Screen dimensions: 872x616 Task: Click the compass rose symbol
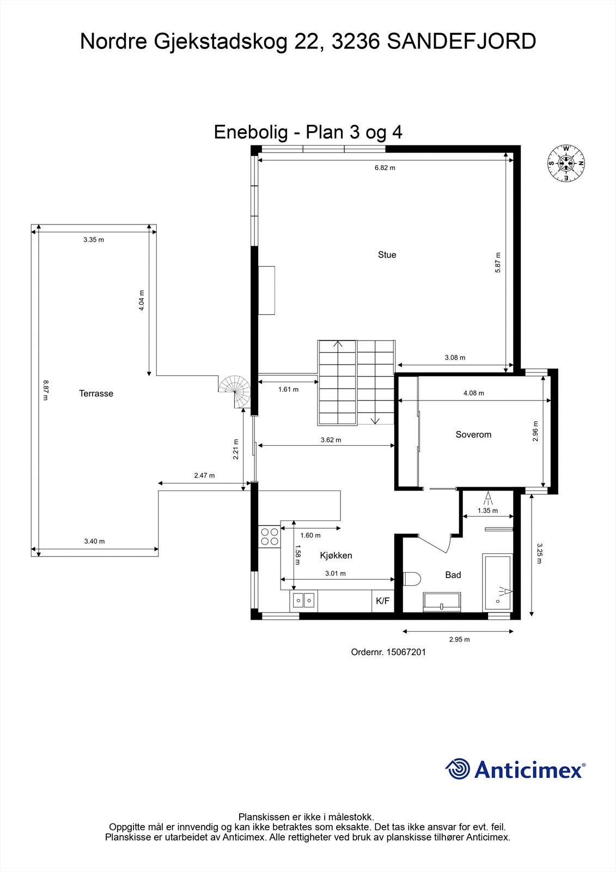click(x=566, y=163)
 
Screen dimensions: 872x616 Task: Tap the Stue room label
click(x=387, y=255)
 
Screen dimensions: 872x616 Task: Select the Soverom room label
click(x=473, y=434)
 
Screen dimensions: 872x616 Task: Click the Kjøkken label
click(x=336, y=555)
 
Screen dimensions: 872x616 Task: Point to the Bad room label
click(x=453, y=574)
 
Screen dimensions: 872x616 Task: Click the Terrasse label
click(x=96, y=393)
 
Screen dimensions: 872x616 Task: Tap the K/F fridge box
click(x=383, y=601)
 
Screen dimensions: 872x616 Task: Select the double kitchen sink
click(x=303, y=601)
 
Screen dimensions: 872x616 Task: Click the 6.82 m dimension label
click(x=385, y=168)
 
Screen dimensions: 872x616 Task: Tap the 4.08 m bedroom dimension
click(x=473, y=393)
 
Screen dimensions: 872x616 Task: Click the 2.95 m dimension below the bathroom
click(x=459, y=639)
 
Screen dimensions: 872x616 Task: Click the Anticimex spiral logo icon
click(x=458, y=769)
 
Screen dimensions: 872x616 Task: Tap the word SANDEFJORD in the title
click(x=461, y=41)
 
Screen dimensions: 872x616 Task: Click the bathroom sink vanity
click(x=442, y=601)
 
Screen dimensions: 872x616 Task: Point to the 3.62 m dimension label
click(x=331, y=440)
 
